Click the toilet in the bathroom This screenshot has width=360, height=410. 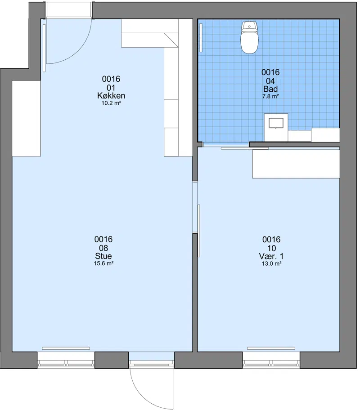coord(249,37)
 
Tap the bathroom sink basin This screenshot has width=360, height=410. coord(276,123)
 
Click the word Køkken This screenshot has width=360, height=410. coord(111,96)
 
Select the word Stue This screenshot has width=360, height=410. coord(103,256)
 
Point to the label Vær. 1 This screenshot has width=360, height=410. coord(271,256)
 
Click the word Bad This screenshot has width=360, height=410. coord(270,89)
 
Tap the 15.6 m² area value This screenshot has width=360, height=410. coord(103,263)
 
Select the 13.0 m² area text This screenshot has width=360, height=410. coord(271,263)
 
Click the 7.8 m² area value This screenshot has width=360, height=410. coord(270,96)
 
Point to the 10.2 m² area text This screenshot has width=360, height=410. coord(111,103)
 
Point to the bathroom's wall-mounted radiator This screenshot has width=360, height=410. coord(201,38)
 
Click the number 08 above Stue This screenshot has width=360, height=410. coord(103,248)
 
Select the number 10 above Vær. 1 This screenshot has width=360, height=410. coord(271,248)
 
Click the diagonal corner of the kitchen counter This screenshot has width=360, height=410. coord(171,40)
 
